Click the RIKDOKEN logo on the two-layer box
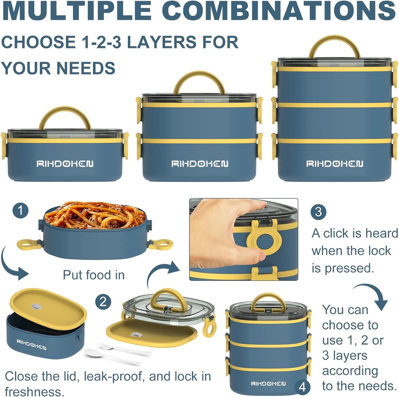(199, 164)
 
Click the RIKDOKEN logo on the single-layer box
(65, 164)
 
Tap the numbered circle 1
(20, 211)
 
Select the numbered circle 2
(103, 302)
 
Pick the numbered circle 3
(318, 212)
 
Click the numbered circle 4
(302, 388)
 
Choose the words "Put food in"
(94, 275)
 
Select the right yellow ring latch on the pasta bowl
(160, 244)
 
